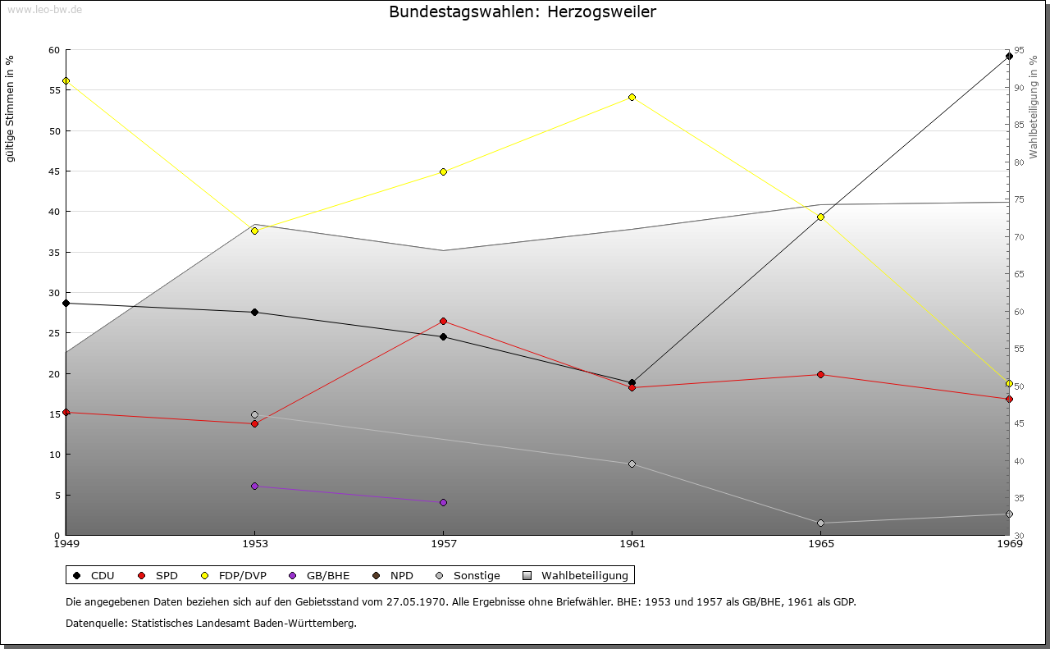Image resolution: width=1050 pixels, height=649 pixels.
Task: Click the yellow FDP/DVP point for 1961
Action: (x=632, y=97)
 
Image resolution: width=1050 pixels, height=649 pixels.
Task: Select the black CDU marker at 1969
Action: (x=1009, y=57)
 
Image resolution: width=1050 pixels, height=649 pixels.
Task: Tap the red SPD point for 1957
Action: (x=444, y=321)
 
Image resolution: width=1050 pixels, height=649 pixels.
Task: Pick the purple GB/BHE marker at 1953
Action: (x=254, y=487)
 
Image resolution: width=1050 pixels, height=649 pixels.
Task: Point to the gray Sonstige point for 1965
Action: (x=820, y=523)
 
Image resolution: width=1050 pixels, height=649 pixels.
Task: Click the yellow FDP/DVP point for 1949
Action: (x=66, y=81)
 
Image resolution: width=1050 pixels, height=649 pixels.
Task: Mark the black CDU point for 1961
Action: (x=632, y=382)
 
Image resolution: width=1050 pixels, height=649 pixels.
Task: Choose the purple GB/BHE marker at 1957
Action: (x=444, y=502)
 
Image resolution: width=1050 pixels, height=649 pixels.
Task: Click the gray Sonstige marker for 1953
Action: (x=254, y=414)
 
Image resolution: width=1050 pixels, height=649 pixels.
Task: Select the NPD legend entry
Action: (x=393, y=575)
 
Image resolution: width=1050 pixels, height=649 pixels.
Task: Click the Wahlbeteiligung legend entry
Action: (x=575, y=575)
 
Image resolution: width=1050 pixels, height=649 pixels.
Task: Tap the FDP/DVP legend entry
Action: (x=234, y=575)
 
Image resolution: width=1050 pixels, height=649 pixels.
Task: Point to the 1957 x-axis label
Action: (x=444, y=543)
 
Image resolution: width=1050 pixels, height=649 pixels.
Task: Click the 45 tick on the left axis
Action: (x=55, y=171)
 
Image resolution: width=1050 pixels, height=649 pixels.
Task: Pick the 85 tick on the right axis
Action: (x=1019, y=125)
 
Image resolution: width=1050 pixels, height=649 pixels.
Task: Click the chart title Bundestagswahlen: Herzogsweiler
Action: (x=523, y=11)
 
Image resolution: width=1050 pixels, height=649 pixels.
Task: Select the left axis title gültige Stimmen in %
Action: (x=10, y=109)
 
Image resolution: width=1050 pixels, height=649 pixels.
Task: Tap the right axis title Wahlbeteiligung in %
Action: (x=1034, y=107)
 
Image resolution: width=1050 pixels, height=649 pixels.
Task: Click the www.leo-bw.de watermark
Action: (x=45, y=9)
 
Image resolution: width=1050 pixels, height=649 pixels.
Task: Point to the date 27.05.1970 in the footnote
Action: (x=416, y=601)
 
